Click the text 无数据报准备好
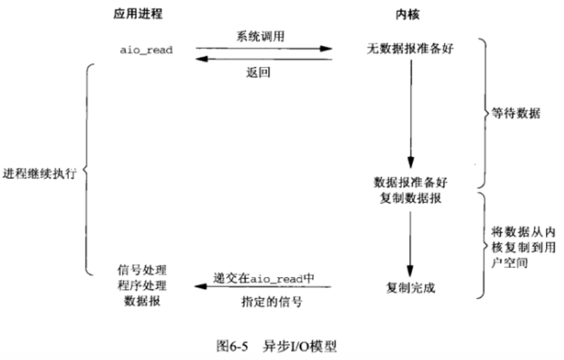pos(410,48)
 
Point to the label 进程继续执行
pos(39,173)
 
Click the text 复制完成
pos(410,288)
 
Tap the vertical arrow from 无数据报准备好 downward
pos(410,113)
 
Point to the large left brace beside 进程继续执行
pos(87,170)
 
